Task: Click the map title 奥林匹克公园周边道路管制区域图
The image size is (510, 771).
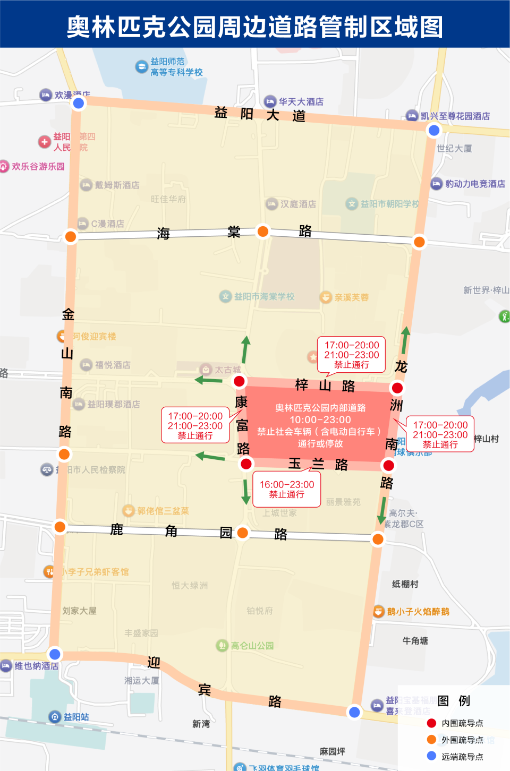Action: (255, 27)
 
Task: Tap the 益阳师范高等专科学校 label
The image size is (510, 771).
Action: (176, 67)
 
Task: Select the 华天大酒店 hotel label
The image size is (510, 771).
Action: (301, 101)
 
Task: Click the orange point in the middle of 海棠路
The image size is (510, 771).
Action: (262, 231)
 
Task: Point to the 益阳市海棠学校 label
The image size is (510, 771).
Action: (264, 296)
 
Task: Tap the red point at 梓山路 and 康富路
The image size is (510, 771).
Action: (239, 381)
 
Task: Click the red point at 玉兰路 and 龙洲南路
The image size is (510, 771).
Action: (388, 466)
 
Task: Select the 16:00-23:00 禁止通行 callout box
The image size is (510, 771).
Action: (286, 489)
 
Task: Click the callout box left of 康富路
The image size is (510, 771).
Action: (195, 425)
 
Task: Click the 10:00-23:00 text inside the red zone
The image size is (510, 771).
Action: (320, 419)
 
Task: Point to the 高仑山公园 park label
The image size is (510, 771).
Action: (252, 646)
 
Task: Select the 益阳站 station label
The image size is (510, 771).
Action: (76, 717)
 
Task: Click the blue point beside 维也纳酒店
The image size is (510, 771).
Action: (55, 654)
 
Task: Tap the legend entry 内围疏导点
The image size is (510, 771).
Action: (462, 723)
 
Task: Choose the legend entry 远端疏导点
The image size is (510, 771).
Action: (462, 757)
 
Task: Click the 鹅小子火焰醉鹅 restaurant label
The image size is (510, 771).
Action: (418, 612)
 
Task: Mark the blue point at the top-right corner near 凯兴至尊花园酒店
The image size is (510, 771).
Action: (434, 130)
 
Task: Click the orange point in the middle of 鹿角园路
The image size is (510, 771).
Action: (242, 533)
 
